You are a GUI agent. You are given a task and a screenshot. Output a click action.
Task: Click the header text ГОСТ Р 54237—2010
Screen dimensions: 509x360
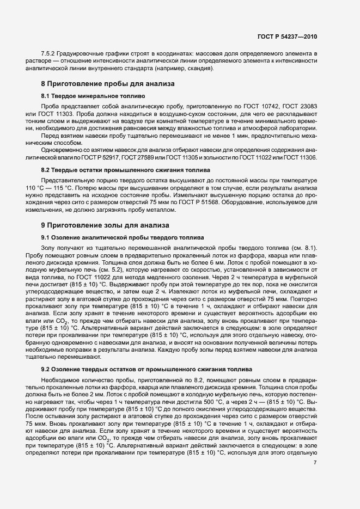point(287,36)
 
